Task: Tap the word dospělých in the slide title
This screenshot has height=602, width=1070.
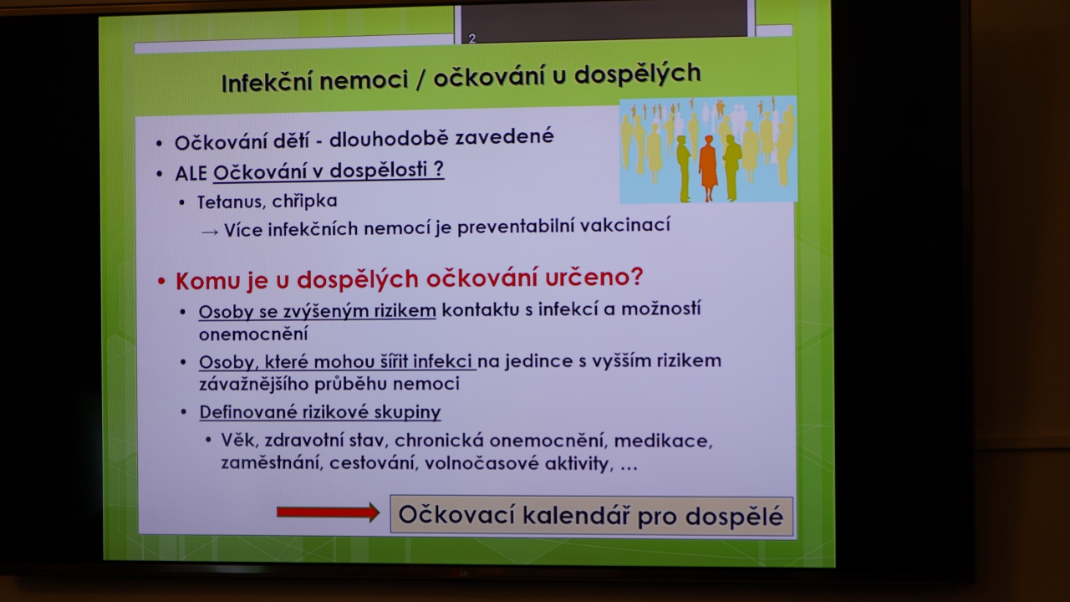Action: point(637,74)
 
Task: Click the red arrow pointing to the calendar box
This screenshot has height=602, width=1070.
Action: point(329,513)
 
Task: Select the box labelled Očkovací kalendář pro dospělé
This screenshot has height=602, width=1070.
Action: point(591,515)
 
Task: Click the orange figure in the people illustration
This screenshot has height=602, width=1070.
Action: point(708,167)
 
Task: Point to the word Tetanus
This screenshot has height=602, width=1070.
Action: point(232,202)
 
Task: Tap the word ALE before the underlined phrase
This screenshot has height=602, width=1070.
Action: point(191,173)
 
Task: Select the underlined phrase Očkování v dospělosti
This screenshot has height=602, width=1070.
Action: point(329,171)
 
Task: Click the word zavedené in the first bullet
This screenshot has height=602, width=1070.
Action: point(504,136)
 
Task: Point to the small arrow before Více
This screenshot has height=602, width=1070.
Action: point(210,232)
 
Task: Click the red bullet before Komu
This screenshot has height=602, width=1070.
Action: point(161,282)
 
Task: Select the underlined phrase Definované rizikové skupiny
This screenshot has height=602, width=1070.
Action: point(320,411)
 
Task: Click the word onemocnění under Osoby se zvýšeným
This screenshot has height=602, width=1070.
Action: point(253,334)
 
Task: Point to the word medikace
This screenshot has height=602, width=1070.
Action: point(663,441)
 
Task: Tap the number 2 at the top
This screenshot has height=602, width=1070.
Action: point(472,38)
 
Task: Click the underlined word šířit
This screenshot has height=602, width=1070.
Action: point(394,361)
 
